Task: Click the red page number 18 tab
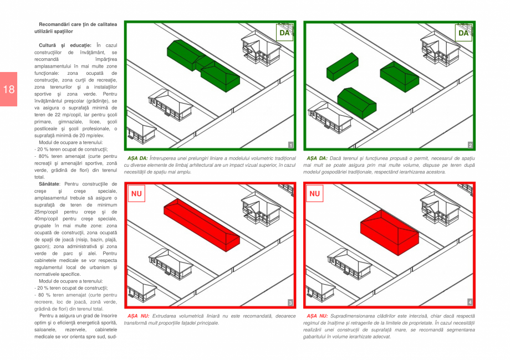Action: (8, 89)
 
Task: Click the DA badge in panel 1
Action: (284, 33)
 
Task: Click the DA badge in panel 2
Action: (463, 33)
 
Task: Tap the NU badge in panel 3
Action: (136, 194)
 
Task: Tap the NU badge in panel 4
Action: (315, 194)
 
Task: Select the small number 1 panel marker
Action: (290, 145)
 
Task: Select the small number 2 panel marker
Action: (470, 145)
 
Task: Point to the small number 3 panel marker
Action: (290, 302)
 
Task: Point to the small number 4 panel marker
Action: (470, 302)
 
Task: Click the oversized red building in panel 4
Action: (389, 229)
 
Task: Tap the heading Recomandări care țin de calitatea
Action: (78, 24)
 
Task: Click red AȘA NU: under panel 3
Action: (138, 316)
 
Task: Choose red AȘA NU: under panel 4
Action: (317, 316)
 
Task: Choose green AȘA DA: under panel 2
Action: (316, 158)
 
